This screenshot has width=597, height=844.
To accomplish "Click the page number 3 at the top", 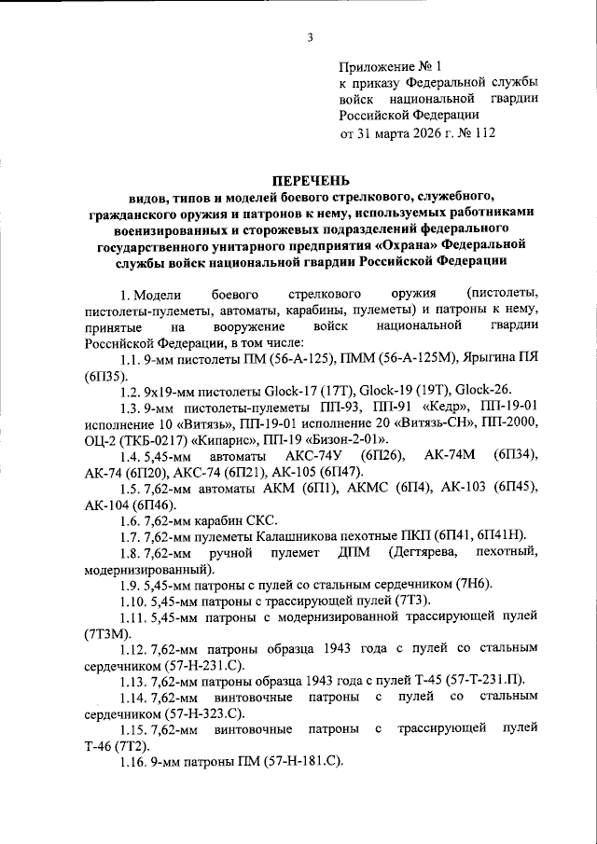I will (x=307, y=36).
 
